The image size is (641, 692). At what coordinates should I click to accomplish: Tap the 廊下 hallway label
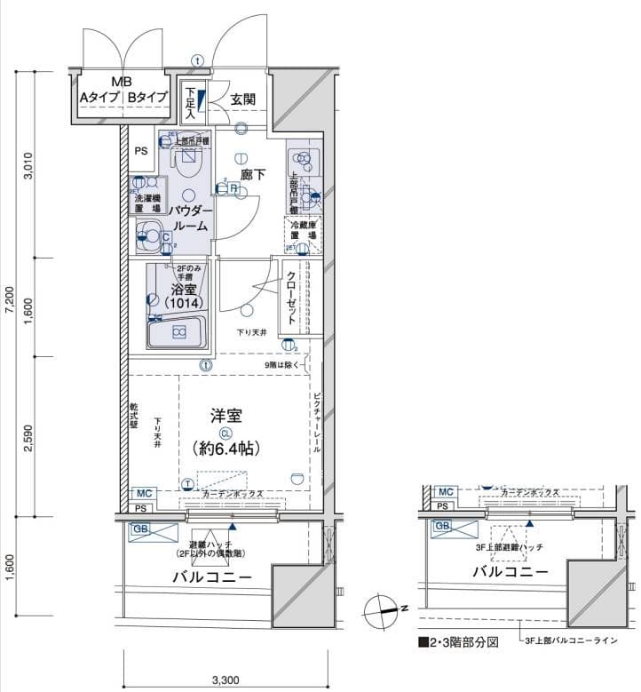[253, 175]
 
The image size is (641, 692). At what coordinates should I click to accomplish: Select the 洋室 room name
[226, 416]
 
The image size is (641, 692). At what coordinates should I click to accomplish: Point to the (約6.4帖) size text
[226, 449]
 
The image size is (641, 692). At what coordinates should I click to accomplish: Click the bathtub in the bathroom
[178, 332]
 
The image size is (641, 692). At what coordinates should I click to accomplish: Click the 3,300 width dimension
[226, 680]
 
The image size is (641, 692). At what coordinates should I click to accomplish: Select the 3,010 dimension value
[28, 166]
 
